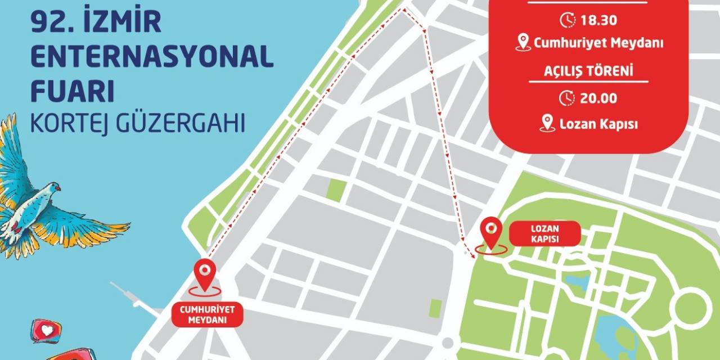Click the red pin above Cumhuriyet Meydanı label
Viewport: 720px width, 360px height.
click(205, 273)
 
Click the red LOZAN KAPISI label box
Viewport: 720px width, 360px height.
click(544, 233)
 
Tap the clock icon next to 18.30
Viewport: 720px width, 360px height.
click(567, 20)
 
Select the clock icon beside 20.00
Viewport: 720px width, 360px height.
click(567, 98)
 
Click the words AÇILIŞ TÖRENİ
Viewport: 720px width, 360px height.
click(588, 72)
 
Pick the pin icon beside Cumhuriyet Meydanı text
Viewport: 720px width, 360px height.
click(523, 42)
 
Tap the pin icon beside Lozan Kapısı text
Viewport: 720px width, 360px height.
click(547, 123)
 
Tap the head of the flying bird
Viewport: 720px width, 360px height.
click(53, 188)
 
